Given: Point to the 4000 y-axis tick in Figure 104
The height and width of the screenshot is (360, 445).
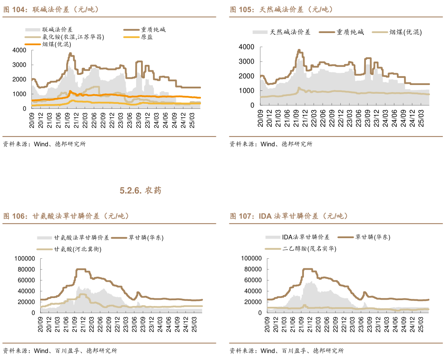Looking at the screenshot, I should (19, 50).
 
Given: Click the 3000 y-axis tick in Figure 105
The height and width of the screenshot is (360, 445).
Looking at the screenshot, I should (246, 62).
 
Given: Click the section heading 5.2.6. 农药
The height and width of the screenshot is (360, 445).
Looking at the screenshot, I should (140, 191).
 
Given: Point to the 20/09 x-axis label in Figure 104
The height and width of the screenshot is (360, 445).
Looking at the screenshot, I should (31, 118).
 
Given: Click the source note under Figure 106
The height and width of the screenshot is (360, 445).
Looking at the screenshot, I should (60, 351).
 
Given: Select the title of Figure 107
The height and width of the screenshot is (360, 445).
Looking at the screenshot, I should (288, 216).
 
